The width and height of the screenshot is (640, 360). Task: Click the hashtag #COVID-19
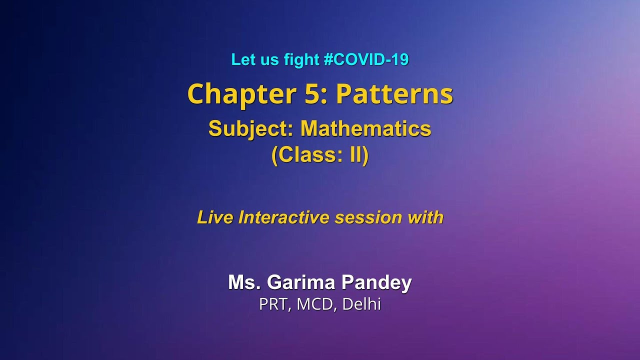(x=366, y=60)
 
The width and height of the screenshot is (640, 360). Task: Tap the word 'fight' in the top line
(x=301, y=60)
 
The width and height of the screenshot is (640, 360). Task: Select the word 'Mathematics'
(x=365, y=129)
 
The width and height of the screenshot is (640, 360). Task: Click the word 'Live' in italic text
(x=215, y=217)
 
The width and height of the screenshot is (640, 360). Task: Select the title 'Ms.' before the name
(x=244, y=282)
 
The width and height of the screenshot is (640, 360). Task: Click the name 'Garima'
(x=301, y=282)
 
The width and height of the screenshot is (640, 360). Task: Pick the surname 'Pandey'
(x=376, y=283)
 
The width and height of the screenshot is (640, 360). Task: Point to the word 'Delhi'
(x=361, y=304)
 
